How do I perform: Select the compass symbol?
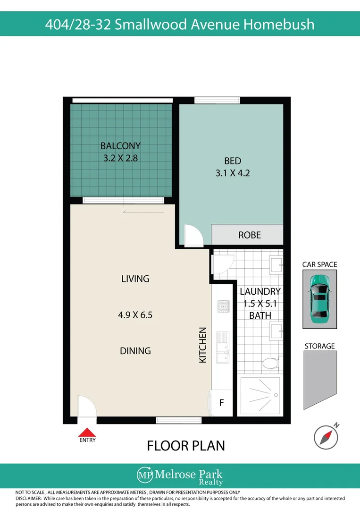click(x=326, y=437)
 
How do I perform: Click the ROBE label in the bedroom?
click(x=250, y=235)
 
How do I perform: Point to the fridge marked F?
click(x=222, y=403)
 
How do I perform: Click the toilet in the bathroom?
click(x=272, y=363)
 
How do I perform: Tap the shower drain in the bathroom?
click(x=276, y=395)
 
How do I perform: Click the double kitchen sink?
click(x=223, y=348)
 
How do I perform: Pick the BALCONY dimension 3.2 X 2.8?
click(x=120, y=158)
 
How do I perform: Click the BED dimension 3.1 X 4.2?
click(x=233, y=173)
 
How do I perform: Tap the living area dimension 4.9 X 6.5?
click(x=135, y=315)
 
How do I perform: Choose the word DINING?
click(x=135, y=350)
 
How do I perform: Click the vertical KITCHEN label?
click(x=202, y=345)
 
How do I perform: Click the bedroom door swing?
click(x=194, y=235)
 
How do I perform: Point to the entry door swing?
click(x=87, y=406)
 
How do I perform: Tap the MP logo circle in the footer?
click(x=145, y=475)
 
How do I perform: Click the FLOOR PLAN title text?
click(x=186, y=446)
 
